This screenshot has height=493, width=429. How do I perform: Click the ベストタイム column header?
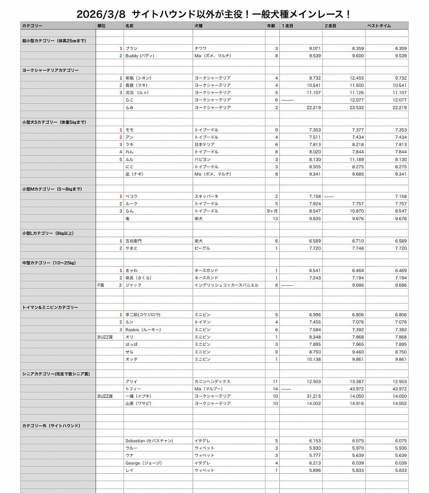tap(379, 26)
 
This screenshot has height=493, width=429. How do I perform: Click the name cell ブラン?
tap(131, 48)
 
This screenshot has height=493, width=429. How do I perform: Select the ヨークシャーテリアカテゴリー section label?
tap(50, 70)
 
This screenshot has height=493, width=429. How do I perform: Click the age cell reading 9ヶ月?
tap(272, 211)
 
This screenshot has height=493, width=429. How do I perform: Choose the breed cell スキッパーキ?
tap(206, 196)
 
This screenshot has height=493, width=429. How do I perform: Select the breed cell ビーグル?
tap(202, 248)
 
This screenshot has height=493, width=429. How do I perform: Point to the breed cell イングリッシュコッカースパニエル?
tap(226, 285)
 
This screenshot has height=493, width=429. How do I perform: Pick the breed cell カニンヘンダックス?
tap(212, 381)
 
